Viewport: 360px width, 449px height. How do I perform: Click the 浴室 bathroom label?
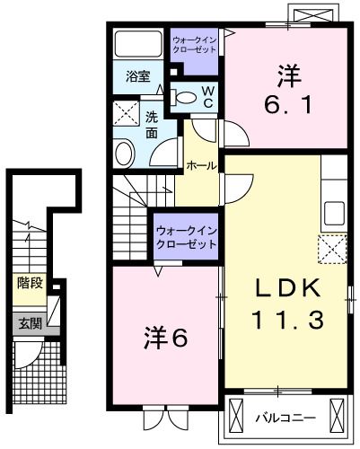point(138,76)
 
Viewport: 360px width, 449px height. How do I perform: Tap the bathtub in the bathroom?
point(138,43)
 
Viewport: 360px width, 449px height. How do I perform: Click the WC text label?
point(207,97)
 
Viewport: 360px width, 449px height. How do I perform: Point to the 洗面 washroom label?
point(152,126)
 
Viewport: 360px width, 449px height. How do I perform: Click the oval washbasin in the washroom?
point(125,154)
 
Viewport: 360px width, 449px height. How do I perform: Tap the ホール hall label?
point(201,165)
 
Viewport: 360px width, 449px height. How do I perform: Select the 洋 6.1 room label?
point(289,90)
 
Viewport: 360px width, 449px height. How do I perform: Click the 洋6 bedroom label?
point(165,337)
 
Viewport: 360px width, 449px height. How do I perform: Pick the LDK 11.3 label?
point(287,304)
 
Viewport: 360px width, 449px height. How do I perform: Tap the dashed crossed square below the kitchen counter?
point(332,250)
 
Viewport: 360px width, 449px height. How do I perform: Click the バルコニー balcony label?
point(285,418)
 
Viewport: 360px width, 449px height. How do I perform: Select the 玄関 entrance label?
point(31,323)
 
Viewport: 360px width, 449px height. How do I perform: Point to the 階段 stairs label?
point(30,283)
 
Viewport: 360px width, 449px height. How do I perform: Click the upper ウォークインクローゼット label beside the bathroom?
point(195,44)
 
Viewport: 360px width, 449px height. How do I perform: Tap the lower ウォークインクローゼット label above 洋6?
point(187,238)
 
